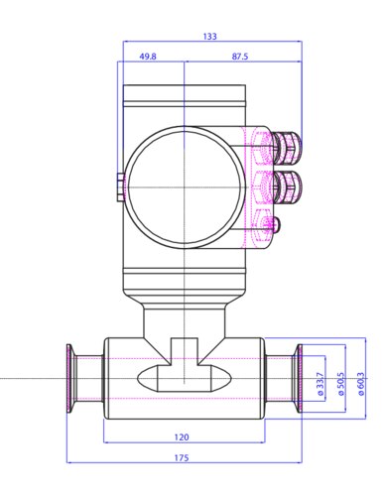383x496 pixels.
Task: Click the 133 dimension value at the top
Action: click(210, 36)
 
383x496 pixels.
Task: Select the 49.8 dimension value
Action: click(148, 57)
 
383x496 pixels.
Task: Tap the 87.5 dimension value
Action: click(240, 57)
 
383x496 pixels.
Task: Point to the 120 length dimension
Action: click(182, 437)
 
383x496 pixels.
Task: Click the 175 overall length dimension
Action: click(182, 457)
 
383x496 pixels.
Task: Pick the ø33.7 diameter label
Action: click(320, 384)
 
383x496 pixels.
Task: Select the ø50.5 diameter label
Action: click(341, 384)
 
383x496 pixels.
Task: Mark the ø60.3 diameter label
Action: click(361, 384)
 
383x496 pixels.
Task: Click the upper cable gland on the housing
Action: click(287, 148)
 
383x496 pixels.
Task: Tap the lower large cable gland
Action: click(287, 186)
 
